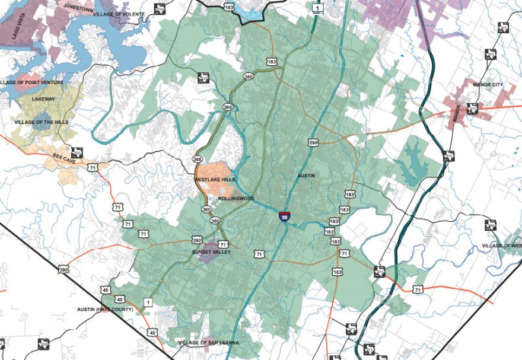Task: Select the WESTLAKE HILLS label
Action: click(x=215, y=179)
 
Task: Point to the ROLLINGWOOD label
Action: click(x=235, y=199)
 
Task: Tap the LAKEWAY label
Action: click(x=43, y=99)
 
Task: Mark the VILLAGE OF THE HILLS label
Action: click(x=42, y=122)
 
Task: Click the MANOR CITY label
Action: click(x=488, y=85)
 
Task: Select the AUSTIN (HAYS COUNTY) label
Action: click(x=106, y=310)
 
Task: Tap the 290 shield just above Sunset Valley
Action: click(x=196, y=240)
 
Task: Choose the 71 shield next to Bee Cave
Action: click(x=93, y=168)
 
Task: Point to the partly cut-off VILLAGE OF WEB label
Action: click(x=501, y=246)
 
